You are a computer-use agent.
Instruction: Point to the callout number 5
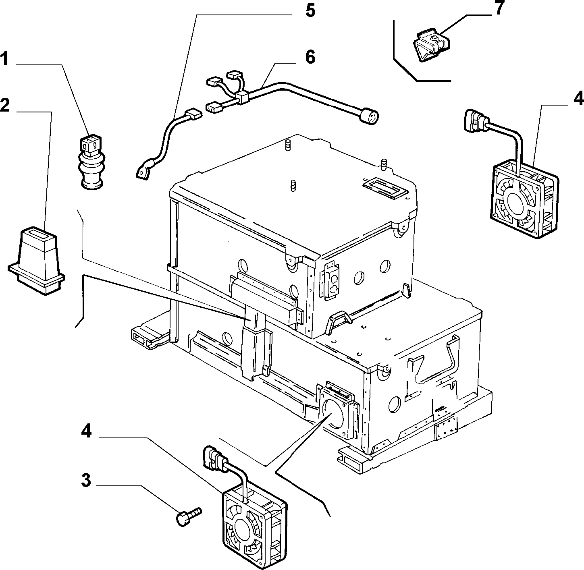tap(310, 11)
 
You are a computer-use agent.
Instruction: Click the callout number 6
tap(310, 57)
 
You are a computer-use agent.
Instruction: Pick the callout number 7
tap(499, 8)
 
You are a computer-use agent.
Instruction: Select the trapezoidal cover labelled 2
tap(36, 261)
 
